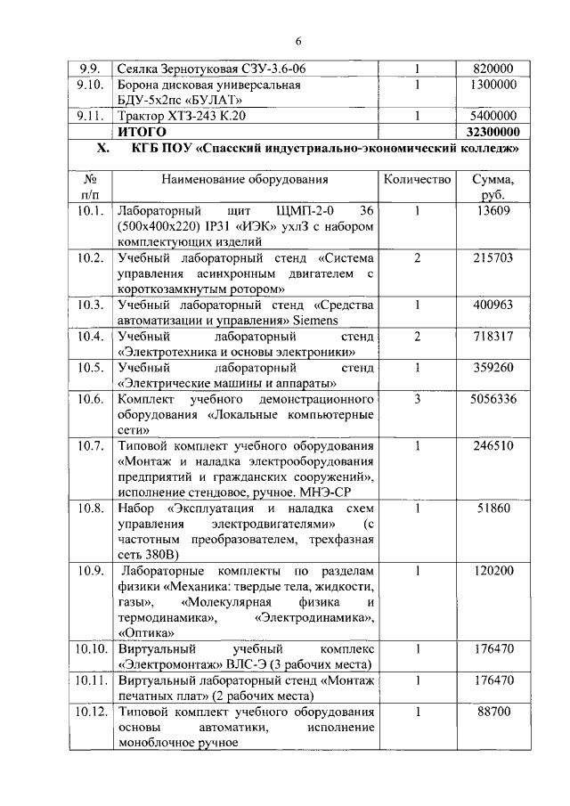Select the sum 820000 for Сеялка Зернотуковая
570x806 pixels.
(494, 68)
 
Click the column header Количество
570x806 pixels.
(417, 179)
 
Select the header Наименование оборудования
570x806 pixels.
(245, 179)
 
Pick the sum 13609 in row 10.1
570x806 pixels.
(494, 210)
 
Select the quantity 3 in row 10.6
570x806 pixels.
(417, 398)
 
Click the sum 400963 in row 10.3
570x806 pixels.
(494, 305)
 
